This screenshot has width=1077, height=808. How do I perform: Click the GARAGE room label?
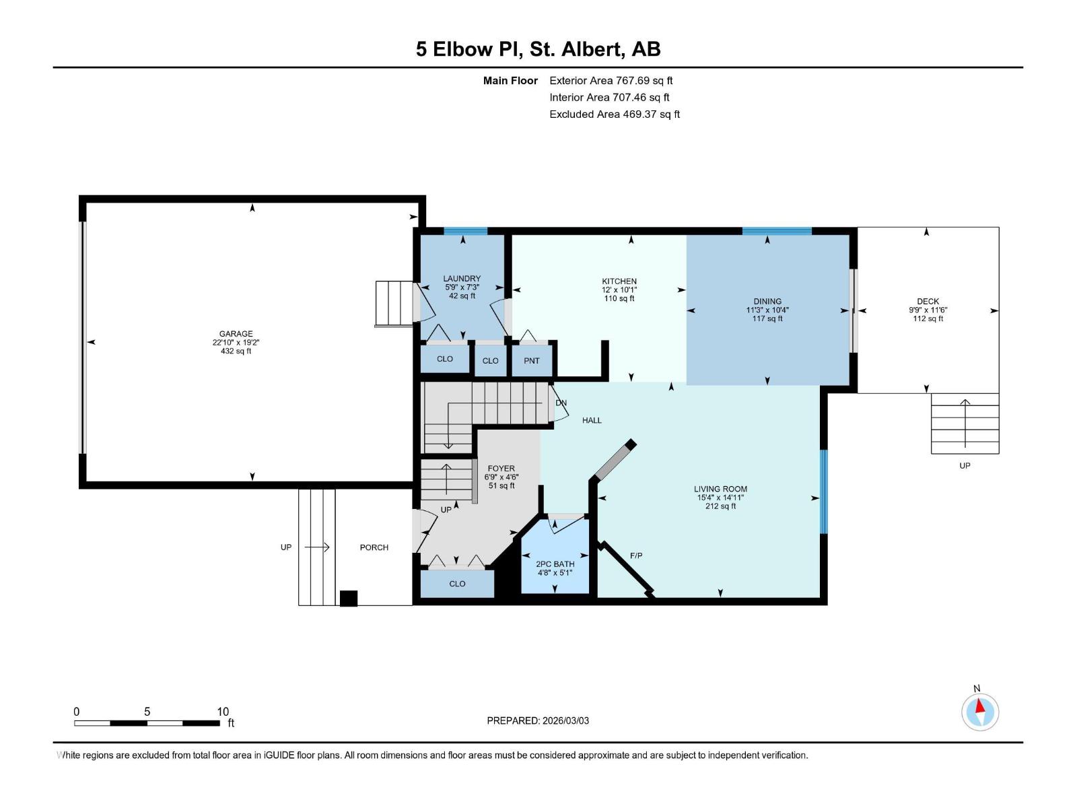tap(236, 334)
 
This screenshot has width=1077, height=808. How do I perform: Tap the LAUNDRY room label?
tap(462, 279)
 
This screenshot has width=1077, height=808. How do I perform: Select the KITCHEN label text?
tap(619, 281)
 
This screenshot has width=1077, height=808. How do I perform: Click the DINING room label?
tap(767, 302)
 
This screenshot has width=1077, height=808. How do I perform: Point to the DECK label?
tap(928, 302)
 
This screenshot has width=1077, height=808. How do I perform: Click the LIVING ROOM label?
tap(720, 490)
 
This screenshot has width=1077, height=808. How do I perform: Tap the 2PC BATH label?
tap(555, 564)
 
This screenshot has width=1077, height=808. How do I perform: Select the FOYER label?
tap(501, 469)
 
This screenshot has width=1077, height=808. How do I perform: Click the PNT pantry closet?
tap(532, 361)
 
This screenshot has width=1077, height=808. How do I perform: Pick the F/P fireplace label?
tap(636, 555)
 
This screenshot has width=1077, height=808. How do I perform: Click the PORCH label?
tap(374, 547)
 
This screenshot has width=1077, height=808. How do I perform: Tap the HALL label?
tap(592, 420)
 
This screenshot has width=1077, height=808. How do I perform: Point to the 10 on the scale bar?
tap(223, 712)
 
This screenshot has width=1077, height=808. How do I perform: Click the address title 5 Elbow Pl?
tap(538, 49)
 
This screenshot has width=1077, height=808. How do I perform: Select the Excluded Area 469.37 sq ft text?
tap(614, 114)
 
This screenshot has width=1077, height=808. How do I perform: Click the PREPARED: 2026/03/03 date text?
tap(538, 720)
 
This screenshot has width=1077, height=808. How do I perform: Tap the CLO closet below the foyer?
tap(457, 584)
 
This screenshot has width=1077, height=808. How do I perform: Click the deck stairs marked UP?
tap(965, 424)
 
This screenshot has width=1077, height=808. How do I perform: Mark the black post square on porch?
tap(349, 598)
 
